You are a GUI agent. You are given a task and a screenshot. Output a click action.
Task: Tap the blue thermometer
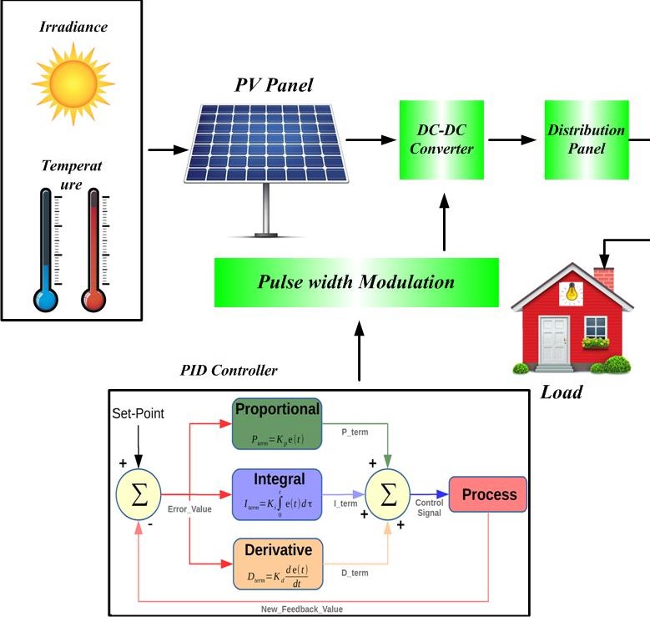[45, 250]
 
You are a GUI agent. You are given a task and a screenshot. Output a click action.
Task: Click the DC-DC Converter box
[441, 139]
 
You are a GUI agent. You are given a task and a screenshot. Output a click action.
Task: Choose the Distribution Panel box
[586, 139]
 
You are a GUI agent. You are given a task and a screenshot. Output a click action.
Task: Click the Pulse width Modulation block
[356, 281]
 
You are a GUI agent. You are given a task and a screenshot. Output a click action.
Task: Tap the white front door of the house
[553, 339]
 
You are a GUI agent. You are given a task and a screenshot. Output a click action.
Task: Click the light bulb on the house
[572, 292]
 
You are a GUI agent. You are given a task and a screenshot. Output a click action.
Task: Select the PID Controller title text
[229, 370]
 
